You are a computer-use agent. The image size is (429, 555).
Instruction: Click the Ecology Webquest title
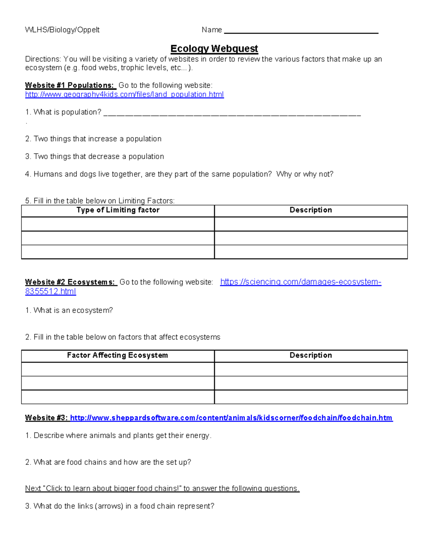click(x=214, y=49)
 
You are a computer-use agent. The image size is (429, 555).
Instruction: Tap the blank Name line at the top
click(x=301, y=30)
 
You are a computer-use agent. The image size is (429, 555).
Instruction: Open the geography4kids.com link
click(x=124, y=94)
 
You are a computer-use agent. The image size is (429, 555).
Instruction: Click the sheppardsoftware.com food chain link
click(x=231, y=418)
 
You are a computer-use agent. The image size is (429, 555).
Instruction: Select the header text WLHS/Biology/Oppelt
click(x=62, y=30)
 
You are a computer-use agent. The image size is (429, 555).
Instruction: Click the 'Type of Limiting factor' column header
click(x=118, y=210)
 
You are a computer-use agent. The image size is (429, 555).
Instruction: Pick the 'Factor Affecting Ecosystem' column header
click(x=118, y=355)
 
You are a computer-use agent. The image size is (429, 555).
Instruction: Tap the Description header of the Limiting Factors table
click(x=311, y=210)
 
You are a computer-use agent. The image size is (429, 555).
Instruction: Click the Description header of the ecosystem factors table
click(x=311, y=355)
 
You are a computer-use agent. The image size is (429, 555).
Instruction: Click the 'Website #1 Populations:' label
click(x=70, y=85)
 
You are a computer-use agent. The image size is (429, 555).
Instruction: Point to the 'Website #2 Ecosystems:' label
click(x=71, y=282)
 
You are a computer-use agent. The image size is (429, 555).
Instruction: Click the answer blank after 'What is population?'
click(x=232, y=113)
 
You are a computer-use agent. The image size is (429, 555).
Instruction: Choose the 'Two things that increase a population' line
click(x=93, y=139)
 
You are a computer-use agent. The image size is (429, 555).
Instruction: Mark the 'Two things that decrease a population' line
click(x=95, y=157)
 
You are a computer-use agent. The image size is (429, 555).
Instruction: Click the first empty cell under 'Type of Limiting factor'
click(x=118, y=224)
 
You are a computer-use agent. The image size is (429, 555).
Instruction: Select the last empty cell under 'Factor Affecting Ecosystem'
click(x=118, y=397)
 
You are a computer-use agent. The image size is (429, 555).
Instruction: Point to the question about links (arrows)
click(x=120, y=506)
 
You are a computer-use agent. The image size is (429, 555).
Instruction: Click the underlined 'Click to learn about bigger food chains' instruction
click(x=162, y=489)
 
